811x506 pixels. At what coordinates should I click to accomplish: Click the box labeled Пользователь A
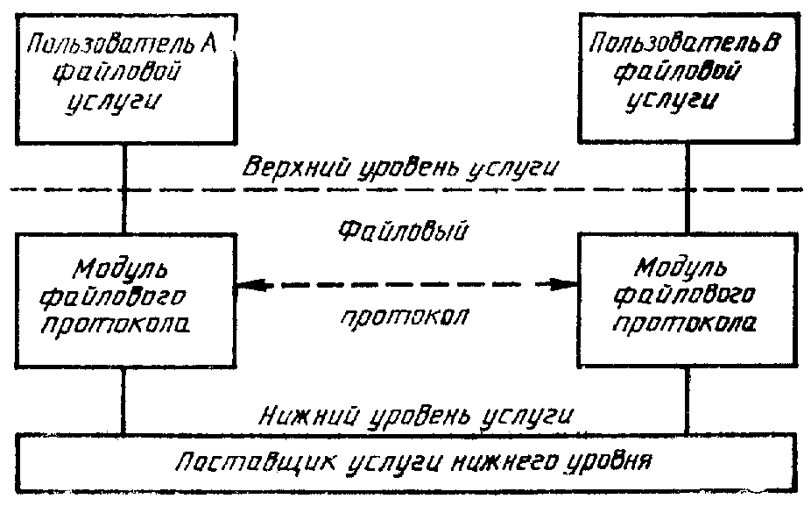[126, 79]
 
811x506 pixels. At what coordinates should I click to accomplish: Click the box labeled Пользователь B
[688, 78]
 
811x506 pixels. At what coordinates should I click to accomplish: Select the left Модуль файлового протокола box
[126, 301]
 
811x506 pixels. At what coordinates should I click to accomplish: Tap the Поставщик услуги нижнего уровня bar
[406, 462]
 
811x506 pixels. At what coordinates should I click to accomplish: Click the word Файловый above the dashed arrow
[403, 230]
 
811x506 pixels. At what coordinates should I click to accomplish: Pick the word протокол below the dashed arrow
[405, 316]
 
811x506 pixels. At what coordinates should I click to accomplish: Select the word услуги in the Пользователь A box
[112, 101]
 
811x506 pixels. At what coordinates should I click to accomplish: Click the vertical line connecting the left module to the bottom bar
[123, 401]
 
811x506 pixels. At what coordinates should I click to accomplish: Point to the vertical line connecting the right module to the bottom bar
[688, 401]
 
